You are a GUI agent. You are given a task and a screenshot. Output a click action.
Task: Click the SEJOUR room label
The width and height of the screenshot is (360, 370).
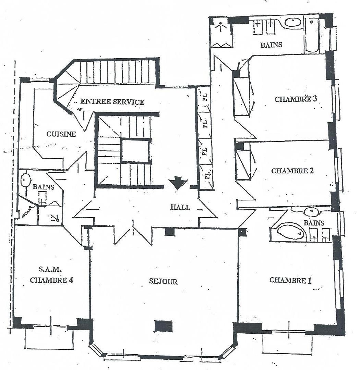coord(163,281)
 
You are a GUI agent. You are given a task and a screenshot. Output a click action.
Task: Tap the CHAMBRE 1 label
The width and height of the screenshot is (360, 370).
coord(290,280)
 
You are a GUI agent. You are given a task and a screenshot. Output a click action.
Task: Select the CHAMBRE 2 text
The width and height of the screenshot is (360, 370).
coord(292,171)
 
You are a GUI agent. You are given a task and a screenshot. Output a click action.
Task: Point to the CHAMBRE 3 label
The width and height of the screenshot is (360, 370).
coord(296,99)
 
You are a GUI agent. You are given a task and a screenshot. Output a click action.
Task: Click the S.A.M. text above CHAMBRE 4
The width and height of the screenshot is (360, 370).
coord(50,269)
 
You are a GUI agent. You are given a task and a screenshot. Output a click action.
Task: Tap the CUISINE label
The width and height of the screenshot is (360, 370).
coord(61,134)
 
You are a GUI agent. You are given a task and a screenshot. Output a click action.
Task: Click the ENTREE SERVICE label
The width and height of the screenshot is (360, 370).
coord(112,101)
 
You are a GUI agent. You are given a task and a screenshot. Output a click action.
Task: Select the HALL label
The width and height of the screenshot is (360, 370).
coord(180,207)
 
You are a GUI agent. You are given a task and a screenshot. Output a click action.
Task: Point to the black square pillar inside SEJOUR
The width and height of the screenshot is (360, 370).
coord(164,326)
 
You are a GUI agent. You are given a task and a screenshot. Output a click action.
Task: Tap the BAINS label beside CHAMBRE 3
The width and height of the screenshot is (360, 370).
coord(271,45)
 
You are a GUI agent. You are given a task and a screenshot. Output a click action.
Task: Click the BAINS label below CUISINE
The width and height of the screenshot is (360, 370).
coord(44,187)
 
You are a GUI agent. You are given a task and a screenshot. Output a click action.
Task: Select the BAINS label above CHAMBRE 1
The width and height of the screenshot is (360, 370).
coord(314,223)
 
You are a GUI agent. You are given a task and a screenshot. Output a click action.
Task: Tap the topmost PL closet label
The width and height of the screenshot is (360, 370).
coord(205,97)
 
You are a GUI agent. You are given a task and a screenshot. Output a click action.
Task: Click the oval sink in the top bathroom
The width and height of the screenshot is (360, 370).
coord(292,22)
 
